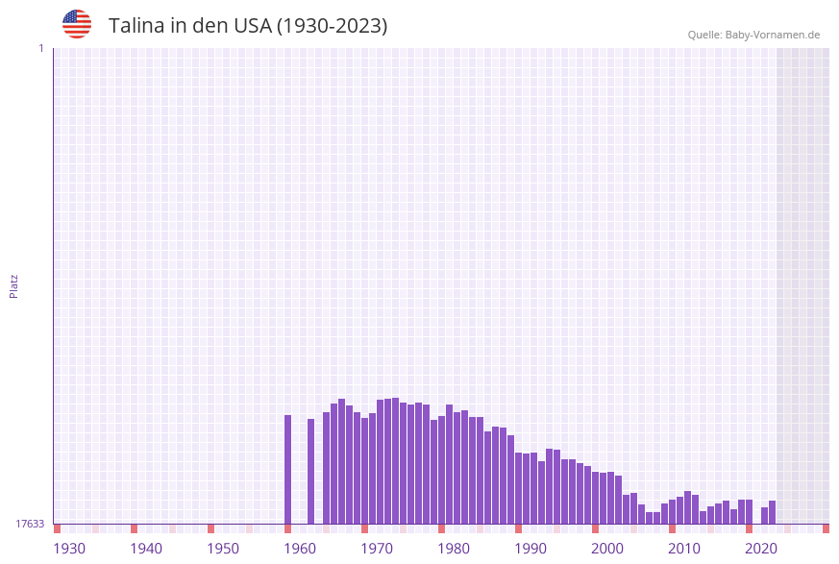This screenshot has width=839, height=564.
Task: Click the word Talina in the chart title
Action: click(136, 26)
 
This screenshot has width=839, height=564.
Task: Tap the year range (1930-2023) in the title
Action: click(332, 26)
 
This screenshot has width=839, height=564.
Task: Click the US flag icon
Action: click(77, 24)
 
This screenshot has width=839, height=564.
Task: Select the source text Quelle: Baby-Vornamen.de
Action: click(753, 35)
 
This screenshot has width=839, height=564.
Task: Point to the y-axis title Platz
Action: click(14, 285)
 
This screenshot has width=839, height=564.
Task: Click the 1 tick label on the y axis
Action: click(40, 48)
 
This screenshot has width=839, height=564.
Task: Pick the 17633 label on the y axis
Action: click(30, 524)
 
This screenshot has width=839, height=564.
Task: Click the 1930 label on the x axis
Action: click(69, 549)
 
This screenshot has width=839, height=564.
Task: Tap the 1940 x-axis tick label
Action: click(146, 549)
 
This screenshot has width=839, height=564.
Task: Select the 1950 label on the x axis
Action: click(223, 549)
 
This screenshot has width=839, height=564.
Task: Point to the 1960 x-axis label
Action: click(300, 549)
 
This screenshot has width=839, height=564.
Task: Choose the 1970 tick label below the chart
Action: click(377, 549)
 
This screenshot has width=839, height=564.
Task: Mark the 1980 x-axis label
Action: click(454, 549)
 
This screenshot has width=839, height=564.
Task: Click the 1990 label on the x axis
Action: click(531, 549)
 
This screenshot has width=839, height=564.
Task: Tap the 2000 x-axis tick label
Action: click(607, 549)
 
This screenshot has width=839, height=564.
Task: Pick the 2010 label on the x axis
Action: click(684, 549)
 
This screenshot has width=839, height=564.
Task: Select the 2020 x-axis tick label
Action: click(761, 549)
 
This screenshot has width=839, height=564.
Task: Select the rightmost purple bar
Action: click(772, 512)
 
